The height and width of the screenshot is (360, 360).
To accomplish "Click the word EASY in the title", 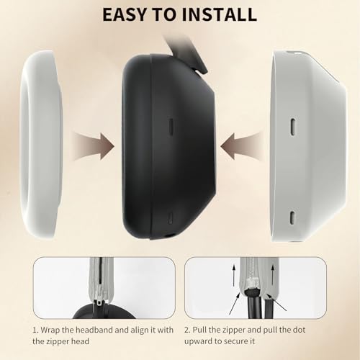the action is (x=125, y=14).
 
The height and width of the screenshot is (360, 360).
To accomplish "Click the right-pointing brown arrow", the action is (x=94, y=146).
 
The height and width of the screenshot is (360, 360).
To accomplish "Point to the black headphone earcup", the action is (x=168, y=146).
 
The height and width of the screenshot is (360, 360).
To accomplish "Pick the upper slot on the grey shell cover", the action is (x=293, y=127).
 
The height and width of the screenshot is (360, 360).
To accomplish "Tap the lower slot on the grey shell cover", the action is (x=292, y=217).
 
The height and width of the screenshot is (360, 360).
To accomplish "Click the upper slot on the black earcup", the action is (x=171, y=126).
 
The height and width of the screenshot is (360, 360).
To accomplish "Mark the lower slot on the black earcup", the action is (x=171, y=217).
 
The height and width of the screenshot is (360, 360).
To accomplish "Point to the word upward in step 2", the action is (x=200, y=341).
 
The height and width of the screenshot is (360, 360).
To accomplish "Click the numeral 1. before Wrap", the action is (x=35, y=330).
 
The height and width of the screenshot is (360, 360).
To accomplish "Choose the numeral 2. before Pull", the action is (x=187, y=330).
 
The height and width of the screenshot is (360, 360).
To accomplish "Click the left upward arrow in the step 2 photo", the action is (x=233, y=275).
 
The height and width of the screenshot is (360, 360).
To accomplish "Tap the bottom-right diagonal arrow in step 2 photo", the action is (x=276, y=302).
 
